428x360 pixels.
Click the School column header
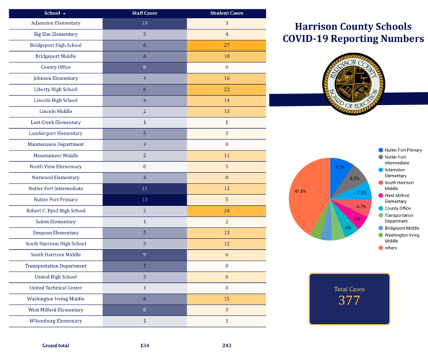coord(54,13)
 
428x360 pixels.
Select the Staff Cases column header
coord(144,13)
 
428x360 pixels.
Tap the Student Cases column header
coord(226,13)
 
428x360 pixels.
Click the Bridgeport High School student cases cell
coord(226,45)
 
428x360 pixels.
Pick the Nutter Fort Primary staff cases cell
coord(144,199)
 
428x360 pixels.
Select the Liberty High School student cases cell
coord(226,89)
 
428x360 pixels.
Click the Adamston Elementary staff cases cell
coord(144,23)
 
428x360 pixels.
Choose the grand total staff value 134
coord(144,346)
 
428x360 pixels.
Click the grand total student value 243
coord(226,346)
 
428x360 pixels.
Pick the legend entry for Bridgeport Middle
coord(401,228)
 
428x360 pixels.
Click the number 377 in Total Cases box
coord(349,300)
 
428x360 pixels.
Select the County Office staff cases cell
coord(144,67)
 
